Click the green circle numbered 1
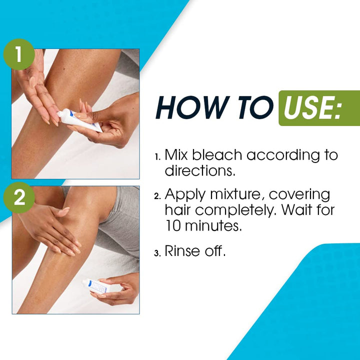(x=19, y=54)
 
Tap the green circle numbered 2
(x=19, y=197)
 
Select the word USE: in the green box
(x=312, y=107)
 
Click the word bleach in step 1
(x=217, y=154)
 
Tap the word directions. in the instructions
(x=200, y=170)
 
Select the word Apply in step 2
(x=185, y=195)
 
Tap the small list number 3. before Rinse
(x=157, y=253)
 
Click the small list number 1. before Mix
(x=157, y=157)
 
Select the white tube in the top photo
(x=79, y=120)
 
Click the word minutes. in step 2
(x=213, y=226)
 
